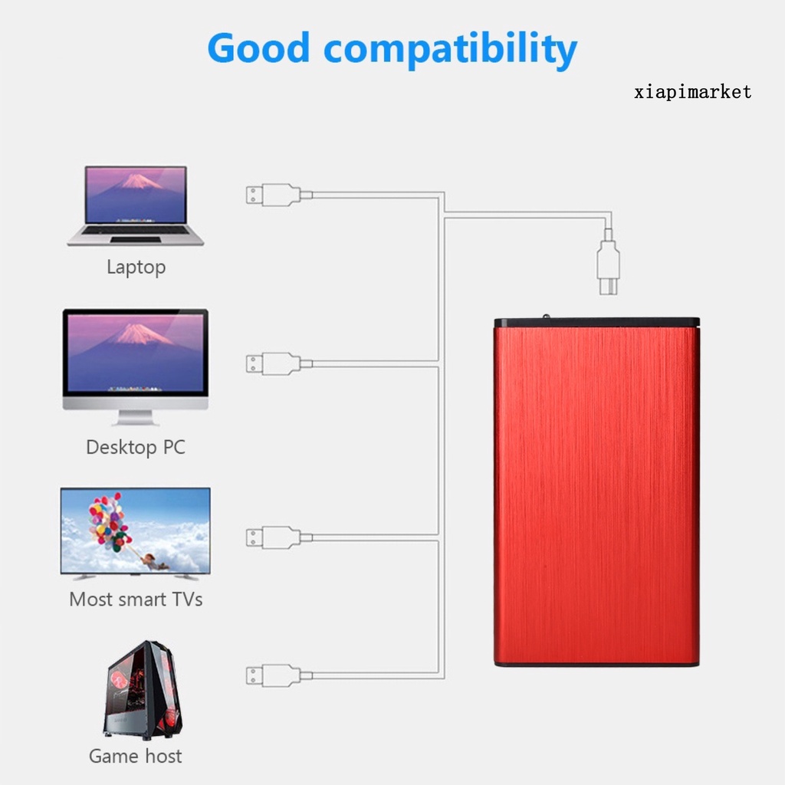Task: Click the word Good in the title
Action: [258, 49]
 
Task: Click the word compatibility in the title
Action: [451, 51]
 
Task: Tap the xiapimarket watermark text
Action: [693, 93]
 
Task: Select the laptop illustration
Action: [136, 205]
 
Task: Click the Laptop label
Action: [136, 268]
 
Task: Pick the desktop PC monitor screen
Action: [136, 353]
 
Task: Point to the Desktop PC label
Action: [136, 447]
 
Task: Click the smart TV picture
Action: [136, 531]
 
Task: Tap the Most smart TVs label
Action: [136, 599]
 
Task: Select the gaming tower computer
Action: [143, 689]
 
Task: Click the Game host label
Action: [136, 756]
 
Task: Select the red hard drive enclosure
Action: [596, 494]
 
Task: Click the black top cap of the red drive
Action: [596, 322]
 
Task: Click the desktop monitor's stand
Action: [136, 418]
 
